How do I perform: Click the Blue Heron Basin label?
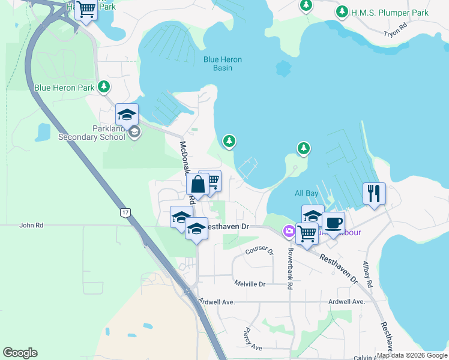click(217, 64)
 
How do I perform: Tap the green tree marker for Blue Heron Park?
click(104, 87)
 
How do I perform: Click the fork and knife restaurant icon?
click(373, 193)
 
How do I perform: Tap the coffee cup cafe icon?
click(333, 223)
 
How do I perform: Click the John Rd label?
click(31, 226)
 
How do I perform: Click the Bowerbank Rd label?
click(289, 269)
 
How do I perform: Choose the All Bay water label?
click(306, 193)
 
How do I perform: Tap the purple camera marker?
click(289, 231)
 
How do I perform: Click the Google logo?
click(20, 353)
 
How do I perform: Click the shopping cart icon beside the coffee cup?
click(307, 233)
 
